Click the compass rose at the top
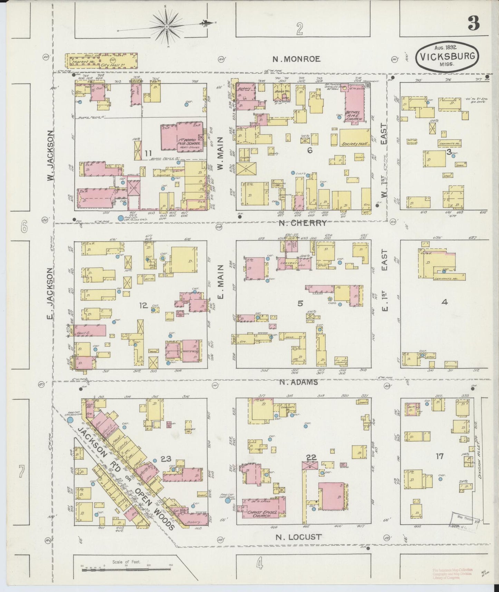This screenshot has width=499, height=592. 167,26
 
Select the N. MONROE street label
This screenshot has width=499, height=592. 296,59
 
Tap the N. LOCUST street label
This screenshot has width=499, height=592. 299,537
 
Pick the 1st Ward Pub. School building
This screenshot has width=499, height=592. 182,136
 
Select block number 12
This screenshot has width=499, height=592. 143,305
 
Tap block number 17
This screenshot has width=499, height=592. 439,456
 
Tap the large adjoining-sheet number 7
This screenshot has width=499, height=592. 22,471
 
